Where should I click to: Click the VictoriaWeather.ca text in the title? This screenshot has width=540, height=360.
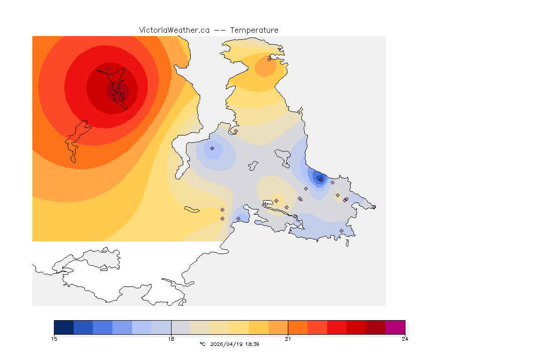(x=174, y=30)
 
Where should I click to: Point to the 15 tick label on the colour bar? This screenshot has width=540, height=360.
(x=54, y=339)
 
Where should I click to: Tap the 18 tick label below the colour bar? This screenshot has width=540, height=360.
(x=172, y=339)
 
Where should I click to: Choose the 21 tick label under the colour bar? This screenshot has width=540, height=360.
(x=288, y=339)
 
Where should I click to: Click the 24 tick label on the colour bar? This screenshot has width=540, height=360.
(x=405, y=339)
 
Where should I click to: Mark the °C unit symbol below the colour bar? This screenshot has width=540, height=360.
(x=202, y=344)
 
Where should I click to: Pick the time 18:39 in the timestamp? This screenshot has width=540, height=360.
(x=252, y=344)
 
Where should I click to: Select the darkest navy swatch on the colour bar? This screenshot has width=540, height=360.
(x=64, y=327)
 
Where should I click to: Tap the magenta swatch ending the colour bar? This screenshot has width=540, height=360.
(x=395, y=327)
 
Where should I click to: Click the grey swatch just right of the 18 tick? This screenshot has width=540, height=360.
(x=181, y=327)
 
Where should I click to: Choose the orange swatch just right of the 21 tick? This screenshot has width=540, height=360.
(x=298, y=327)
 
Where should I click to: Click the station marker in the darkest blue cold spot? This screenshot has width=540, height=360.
(x=321, y=180)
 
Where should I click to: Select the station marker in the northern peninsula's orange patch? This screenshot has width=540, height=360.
(x=269, y=59)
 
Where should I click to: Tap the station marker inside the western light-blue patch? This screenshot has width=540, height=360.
(x=212, y=148)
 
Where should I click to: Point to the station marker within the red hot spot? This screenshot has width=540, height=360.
(x=108, y=68)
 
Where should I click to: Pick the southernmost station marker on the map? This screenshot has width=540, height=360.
(x=341, y=231)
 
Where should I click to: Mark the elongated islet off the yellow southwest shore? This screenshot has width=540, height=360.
(x=192, y=209)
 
